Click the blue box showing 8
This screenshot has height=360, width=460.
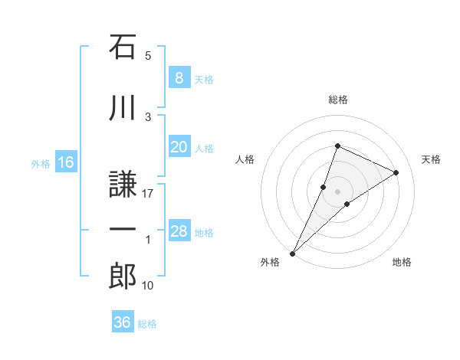pyautogui.click(x=179, y=78)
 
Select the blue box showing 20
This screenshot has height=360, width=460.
pyautogui.click(x=179, y=147)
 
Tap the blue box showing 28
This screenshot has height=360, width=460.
pyautogui.click(x=179, y=231)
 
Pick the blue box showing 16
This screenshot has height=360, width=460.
pyautogui.click(x=66, y=162)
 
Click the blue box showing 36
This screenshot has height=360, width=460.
pyautogui.click(x=123, y=322)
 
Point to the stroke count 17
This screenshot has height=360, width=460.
pyautogui.click(x=148, y=194)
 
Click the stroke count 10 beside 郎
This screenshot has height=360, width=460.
pyautogui.click(x=148, y=286)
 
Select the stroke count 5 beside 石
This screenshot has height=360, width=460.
pyautogui.click(x=148, y=56)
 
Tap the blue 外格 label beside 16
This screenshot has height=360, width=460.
pyautogui.click(x=40, y=163)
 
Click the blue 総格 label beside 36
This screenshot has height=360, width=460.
pyautogui.click(x=147, y=323)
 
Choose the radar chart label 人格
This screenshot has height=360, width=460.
pyautogui.click(x=245, y=159)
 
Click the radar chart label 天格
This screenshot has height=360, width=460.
pyautogui.click(x=432, y=159)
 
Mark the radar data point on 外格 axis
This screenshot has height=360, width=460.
pyautogui.click(x=293, y=253)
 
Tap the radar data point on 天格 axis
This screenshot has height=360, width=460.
pyautogui.click(x=396, y=172)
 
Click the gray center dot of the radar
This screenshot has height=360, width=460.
pyautogui.click(x=338, y=191)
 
